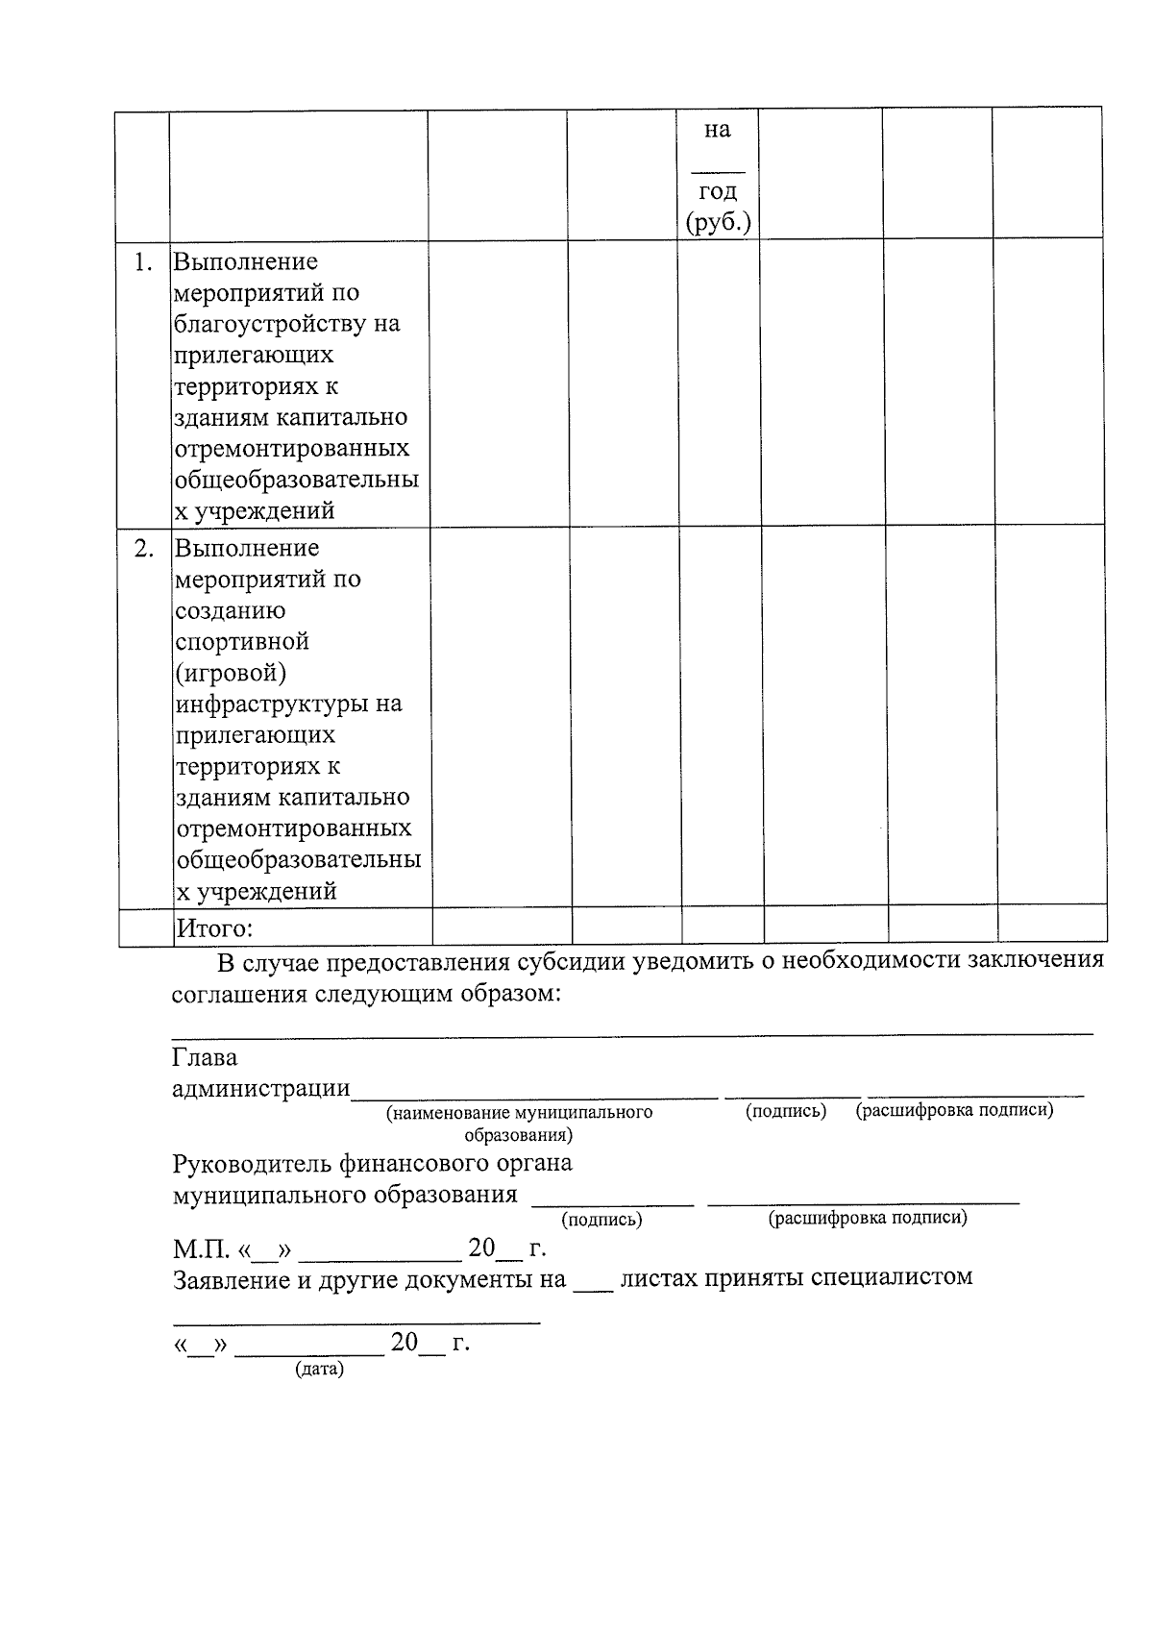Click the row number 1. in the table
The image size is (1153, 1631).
143,262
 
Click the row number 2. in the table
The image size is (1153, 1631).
143,549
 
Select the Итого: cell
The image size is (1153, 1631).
213,928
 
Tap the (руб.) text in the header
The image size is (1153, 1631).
718,223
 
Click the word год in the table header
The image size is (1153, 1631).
718,191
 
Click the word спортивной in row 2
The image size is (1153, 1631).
241,641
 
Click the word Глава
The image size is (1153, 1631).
205,1058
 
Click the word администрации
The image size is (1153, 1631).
261,1089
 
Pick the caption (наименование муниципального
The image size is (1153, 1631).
519,1113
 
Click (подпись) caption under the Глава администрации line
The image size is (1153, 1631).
785,1112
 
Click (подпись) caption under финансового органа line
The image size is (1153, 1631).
601,1220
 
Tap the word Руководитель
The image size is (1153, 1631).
253,1164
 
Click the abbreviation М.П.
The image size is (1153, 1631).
201,1250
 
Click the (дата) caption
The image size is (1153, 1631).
319,1369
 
